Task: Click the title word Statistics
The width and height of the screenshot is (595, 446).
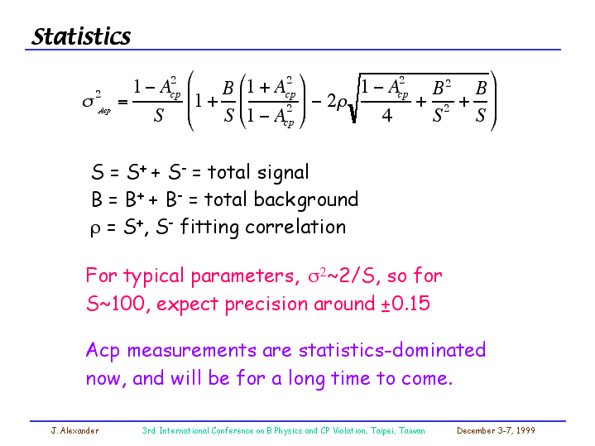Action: coord(81,36)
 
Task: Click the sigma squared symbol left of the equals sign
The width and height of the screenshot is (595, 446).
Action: coord(92,99)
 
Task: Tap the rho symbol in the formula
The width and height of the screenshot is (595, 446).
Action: coord(341,103)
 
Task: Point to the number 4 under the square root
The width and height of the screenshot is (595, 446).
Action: coord(386,115)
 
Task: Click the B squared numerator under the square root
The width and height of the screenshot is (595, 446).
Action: coord(442,88)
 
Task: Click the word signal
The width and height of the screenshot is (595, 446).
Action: coord(283,173)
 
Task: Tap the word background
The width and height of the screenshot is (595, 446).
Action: coord(306,199)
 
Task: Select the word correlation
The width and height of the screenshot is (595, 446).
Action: coord(295,227)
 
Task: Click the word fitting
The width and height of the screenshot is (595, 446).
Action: coord(209,227)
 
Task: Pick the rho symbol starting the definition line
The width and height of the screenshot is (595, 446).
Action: coord(95,229)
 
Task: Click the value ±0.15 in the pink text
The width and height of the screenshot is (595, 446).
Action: coord(405,304)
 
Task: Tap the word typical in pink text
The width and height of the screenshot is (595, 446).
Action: coord(154,276)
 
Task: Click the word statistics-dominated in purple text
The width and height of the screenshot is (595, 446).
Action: coord(392,349)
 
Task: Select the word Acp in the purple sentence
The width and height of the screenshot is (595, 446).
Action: coord(103,351)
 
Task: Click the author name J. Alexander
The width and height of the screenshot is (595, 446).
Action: coord(74,431)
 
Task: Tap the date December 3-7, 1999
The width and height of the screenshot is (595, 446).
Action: coord(496,431)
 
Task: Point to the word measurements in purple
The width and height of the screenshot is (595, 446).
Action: coord(192,350)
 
